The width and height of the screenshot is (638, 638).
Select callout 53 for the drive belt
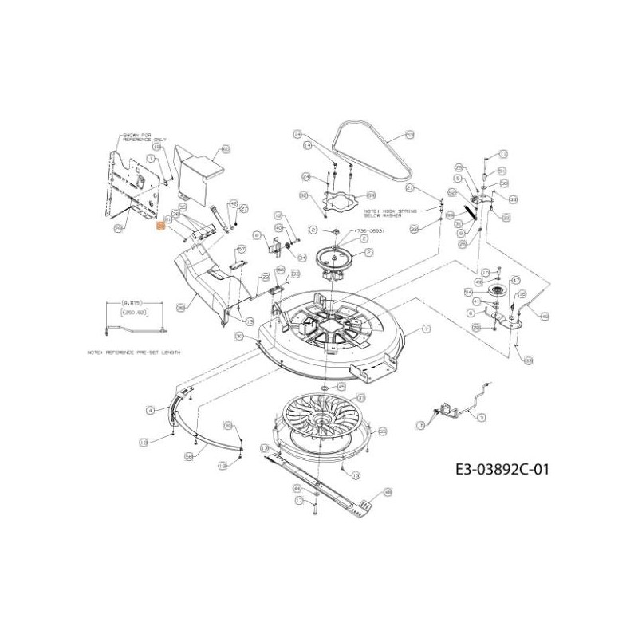coord(410,136)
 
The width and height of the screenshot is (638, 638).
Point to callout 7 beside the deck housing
coord(426,329)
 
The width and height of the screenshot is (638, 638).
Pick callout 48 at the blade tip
coord(388,492)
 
